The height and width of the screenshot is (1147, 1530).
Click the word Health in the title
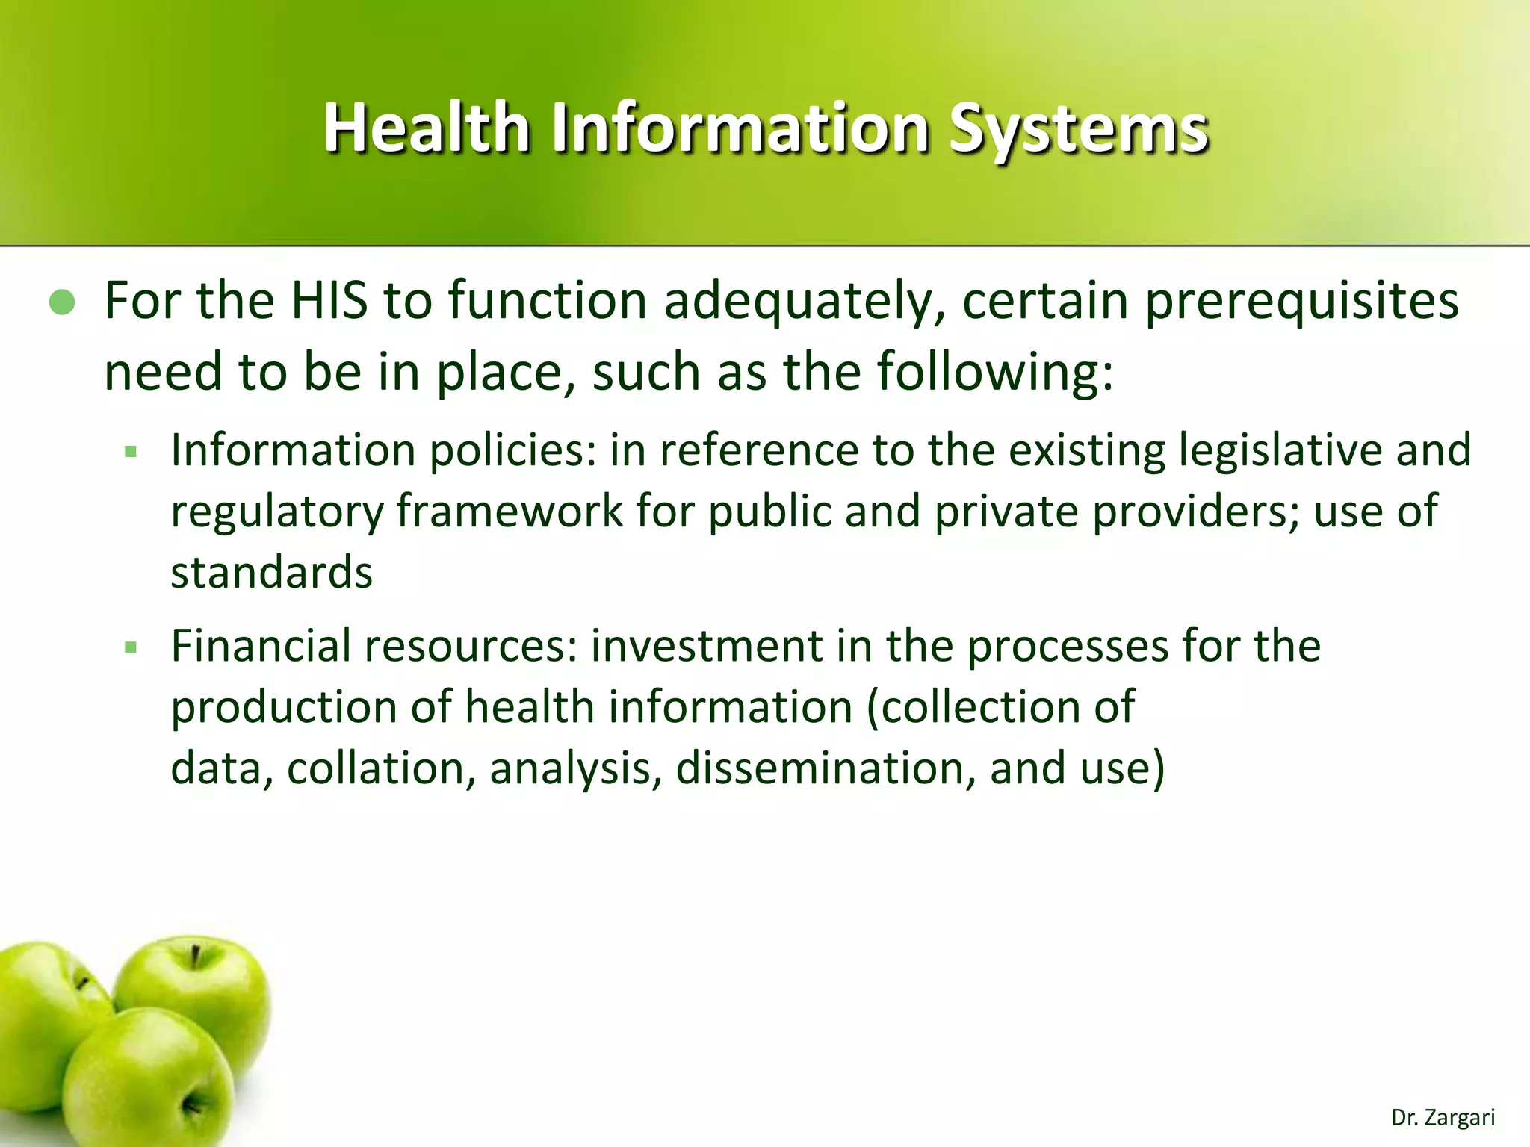tap(426, 128)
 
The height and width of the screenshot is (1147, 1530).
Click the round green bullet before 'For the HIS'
tap(62, 302)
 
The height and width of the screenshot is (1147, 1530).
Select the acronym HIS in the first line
tap(329, 301)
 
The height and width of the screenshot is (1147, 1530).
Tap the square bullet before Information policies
tap(131, 452)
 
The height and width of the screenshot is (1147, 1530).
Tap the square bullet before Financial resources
tap(131, 647)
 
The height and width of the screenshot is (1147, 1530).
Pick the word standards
tap(271, 573)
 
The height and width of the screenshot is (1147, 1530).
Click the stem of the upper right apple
tap(196, 957)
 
